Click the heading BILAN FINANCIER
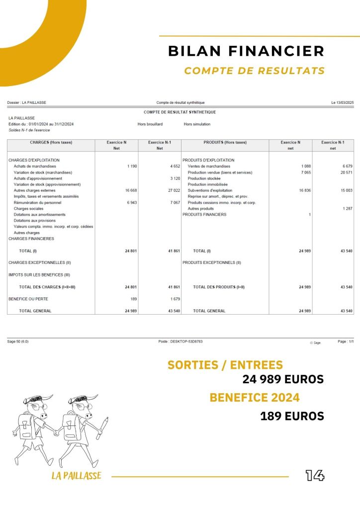tap(246, 51)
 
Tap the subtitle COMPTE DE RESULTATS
tap(254, 71)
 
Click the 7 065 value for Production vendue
tap(306, 172)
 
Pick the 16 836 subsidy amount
tap(304, 190)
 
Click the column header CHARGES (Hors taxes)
tap(51, 142)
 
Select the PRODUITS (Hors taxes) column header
tap(225, 142)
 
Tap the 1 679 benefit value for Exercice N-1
tap(174, 299)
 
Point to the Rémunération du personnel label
tap(38, 203)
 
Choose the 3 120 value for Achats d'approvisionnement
tap(174, 178)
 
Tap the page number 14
tap(315, 476)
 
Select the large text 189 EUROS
tap(292, 416)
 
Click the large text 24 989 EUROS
tap(283, 379)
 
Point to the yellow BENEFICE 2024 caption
tap(255, 398)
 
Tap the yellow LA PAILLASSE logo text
tap(76, 476)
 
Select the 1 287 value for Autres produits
tap(347, 209)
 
